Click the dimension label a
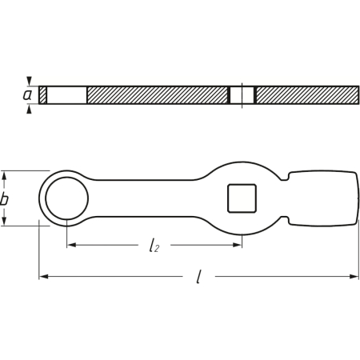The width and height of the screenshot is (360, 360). click(27, 95)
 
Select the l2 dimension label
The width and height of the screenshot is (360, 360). click(154, 246)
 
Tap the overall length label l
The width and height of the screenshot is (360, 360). click(198, 277)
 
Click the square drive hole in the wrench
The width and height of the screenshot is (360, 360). click(242, 198)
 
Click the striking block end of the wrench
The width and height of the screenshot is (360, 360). click(323, 198)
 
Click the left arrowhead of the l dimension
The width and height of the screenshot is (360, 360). click(44, 277)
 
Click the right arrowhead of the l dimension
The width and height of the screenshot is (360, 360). click(354, 277)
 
